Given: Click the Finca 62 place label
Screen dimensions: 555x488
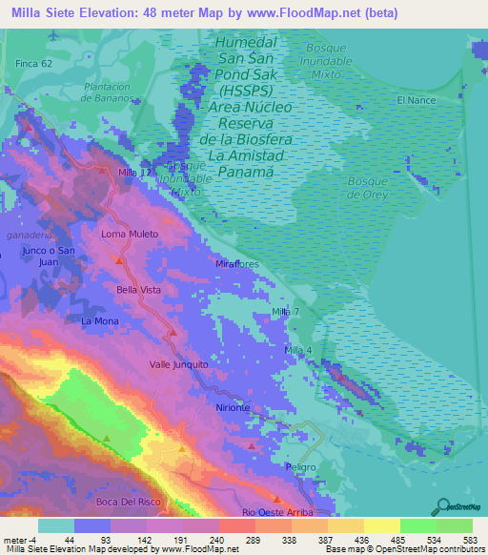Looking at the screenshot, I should (32, 64).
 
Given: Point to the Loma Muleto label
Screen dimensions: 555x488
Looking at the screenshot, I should (129, 233).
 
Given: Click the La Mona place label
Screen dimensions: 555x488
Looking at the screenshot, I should (99, 321).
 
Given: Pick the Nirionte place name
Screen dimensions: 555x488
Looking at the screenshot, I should (234, 407).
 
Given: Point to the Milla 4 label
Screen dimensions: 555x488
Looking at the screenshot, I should (298, 352).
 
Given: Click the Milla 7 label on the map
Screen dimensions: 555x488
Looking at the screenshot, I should (285, 313).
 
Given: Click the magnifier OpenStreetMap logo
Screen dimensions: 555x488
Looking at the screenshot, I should (441, 505).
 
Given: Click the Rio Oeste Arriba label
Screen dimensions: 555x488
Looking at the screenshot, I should (276, 512).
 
